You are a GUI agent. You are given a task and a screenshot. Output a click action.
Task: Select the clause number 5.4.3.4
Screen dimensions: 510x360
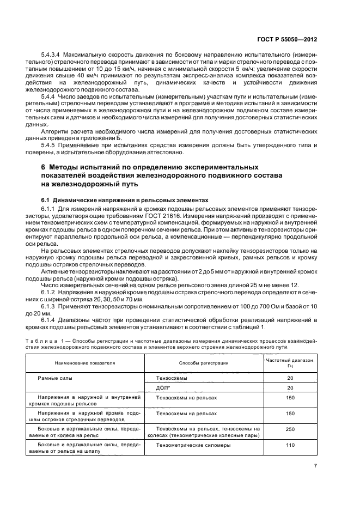51,56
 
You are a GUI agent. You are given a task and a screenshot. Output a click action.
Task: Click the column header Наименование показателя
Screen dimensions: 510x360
84,362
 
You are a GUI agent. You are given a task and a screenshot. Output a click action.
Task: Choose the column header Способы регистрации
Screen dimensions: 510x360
204,362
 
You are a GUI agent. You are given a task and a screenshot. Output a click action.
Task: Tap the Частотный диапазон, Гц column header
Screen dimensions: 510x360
290,362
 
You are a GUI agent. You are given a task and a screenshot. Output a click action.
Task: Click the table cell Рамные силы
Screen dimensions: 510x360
55,378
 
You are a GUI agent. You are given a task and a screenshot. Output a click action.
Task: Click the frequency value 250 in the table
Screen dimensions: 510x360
290,429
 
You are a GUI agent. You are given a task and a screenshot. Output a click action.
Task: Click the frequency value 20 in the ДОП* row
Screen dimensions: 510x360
290,387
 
